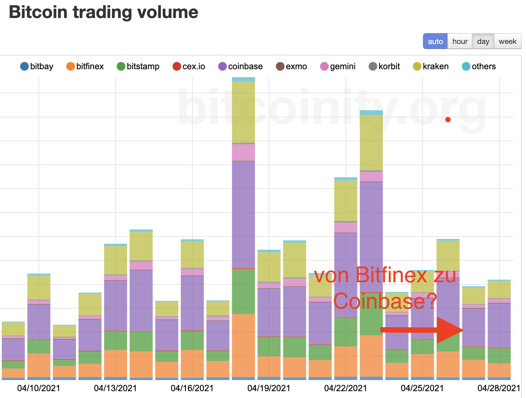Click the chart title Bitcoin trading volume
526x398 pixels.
(x=104, y=12)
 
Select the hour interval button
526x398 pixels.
(x=460, y=41)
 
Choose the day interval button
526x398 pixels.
(x=483, y=41)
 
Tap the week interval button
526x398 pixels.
(x=507, y=41)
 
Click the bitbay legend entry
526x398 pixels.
(x=37, y=66)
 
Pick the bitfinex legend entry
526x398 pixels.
(x=85, y=66)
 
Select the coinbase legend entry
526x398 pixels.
(x=241, y=66)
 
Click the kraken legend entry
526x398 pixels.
(x=431, y=66)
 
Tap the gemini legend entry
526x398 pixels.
(x=338, y=66)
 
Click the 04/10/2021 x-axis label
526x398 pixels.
(x=39, y=388)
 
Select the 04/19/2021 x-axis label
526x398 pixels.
(x=269, y=388)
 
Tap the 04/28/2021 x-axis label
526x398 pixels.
(x=499, y=388)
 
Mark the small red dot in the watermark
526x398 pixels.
(x=448, y=120)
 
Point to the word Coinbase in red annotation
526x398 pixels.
(x=379, y=301)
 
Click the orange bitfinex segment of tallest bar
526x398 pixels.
(x=244, y=345)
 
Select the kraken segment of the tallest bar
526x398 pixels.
(x=244, y=112)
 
